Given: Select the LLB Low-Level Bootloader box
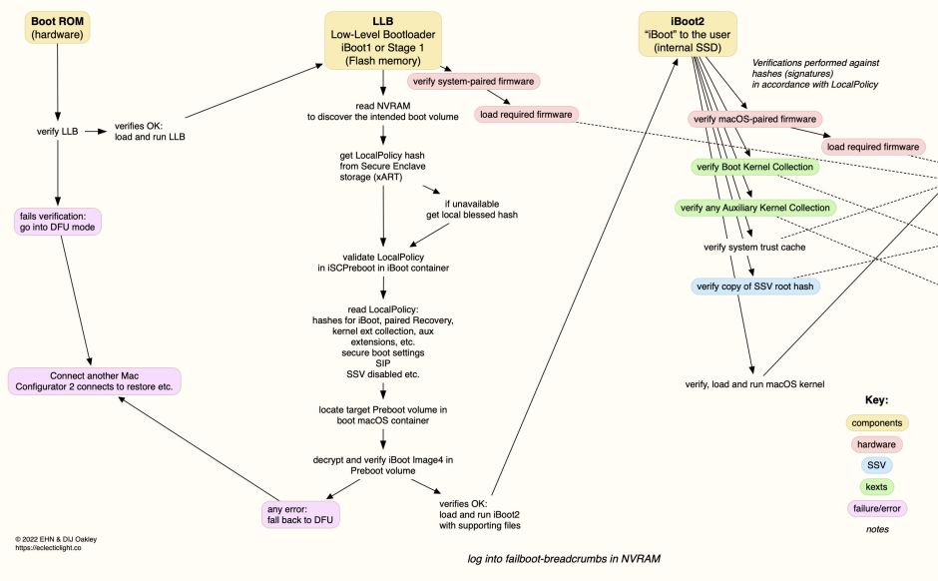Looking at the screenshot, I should tap(383, 40).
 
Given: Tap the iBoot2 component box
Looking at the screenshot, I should tap(688, 33).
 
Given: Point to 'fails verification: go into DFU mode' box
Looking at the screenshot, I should tap(61, 222).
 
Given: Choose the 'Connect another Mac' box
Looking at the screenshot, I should tap(94, 381).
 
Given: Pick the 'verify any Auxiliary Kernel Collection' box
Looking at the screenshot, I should tap(753, 208).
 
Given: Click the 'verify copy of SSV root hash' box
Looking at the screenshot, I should tap(755, 287).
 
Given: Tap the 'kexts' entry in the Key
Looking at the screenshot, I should tap(876, 486).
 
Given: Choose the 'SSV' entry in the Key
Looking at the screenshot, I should tap(876, 465).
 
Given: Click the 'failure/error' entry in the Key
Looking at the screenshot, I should tap(876, 508).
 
